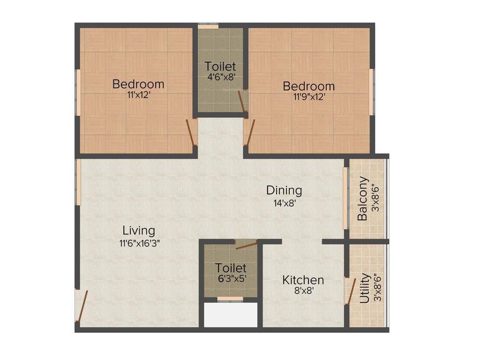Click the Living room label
[x=139, y=231]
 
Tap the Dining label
[x=284, y=190]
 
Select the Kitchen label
[x=303, y=280]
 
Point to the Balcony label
[x=362, y=199]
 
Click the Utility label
[x=365, y=288]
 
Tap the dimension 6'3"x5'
[x=231, y=277]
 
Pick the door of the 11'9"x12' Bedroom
[x=250, y=133]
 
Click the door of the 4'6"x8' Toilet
[x=241, y=101]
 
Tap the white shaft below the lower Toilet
[x=231, y=315]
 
